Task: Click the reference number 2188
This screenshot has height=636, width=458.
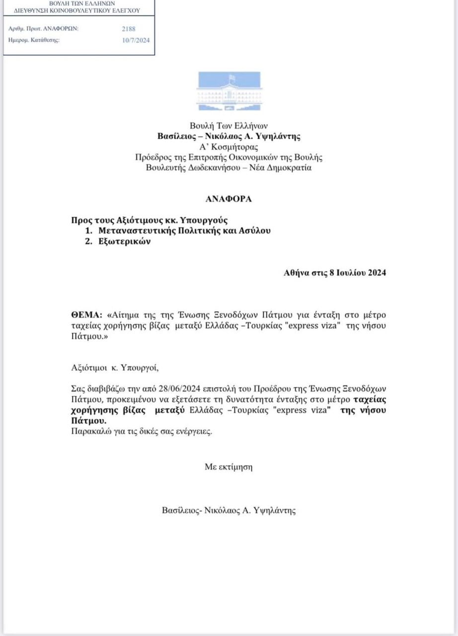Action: point(128,29)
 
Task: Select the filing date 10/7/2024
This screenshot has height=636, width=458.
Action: point(136,40)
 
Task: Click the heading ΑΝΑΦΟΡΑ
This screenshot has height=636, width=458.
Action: point(229,199)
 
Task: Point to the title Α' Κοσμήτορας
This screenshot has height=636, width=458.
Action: point(229,147)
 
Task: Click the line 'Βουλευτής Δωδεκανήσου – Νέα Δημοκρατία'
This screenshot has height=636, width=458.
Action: point(229,167)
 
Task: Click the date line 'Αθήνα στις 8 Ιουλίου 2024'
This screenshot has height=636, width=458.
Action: point(335,273)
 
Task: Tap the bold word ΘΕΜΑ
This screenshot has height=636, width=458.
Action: point(86,315)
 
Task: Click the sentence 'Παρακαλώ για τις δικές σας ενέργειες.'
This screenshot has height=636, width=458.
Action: point(142,431)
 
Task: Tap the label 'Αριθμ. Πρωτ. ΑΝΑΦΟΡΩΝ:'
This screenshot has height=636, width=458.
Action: point(44,28)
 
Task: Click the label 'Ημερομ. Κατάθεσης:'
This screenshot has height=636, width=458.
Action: point(34,40)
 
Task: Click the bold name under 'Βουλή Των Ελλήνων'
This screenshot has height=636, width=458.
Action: point(229,136)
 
